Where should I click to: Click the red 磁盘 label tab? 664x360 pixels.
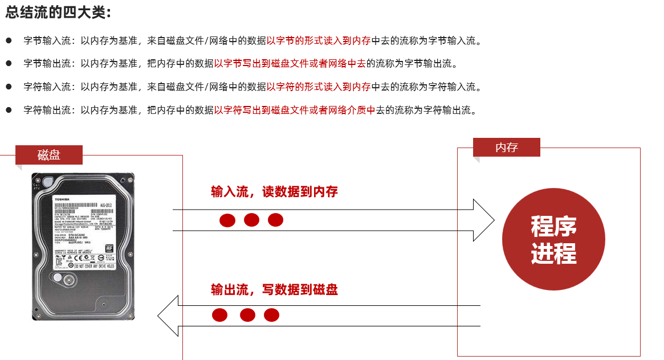(49, 154)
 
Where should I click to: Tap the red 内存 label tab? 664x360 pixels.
(506, 148)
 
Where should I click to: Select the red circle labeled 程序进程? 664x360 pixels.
(553, 239)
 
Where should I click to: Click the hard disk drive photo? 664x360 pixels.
(83, 246)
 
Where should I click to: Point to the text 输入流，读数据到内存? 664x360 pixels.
(274, 192)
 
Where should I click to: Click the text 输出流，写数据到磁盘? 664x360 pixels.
(274, 289)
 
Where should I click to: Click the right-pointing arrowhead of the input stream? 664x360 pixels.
(484, 220)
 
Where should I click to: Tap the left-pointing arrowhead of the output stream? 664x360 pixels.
(168, 316)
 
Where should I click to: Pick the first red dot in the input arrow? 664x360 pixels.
(227, 220)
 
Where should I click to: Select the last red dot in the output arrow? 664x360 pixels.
(271, 315)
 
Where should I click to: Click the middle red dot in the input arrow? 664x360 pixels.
(251, 219)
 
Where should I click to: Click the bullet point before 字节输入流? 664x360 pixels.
(9, 41)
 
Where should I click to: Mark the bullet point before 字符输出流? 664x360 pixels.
(9, 110)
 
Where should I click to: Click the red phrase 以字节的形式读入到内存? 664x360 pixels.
(319, 41)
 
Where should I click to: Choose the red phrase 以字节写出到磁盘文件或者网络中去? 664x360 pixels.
(290, 64)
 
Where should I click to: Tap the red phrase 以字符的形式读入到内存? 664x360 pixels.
(319, 87)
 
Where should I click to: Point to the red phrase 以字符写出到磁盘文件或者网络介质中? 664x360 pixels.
(295, 110)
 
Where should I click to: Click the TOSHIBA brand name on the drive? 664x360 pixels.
(61, 198)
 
